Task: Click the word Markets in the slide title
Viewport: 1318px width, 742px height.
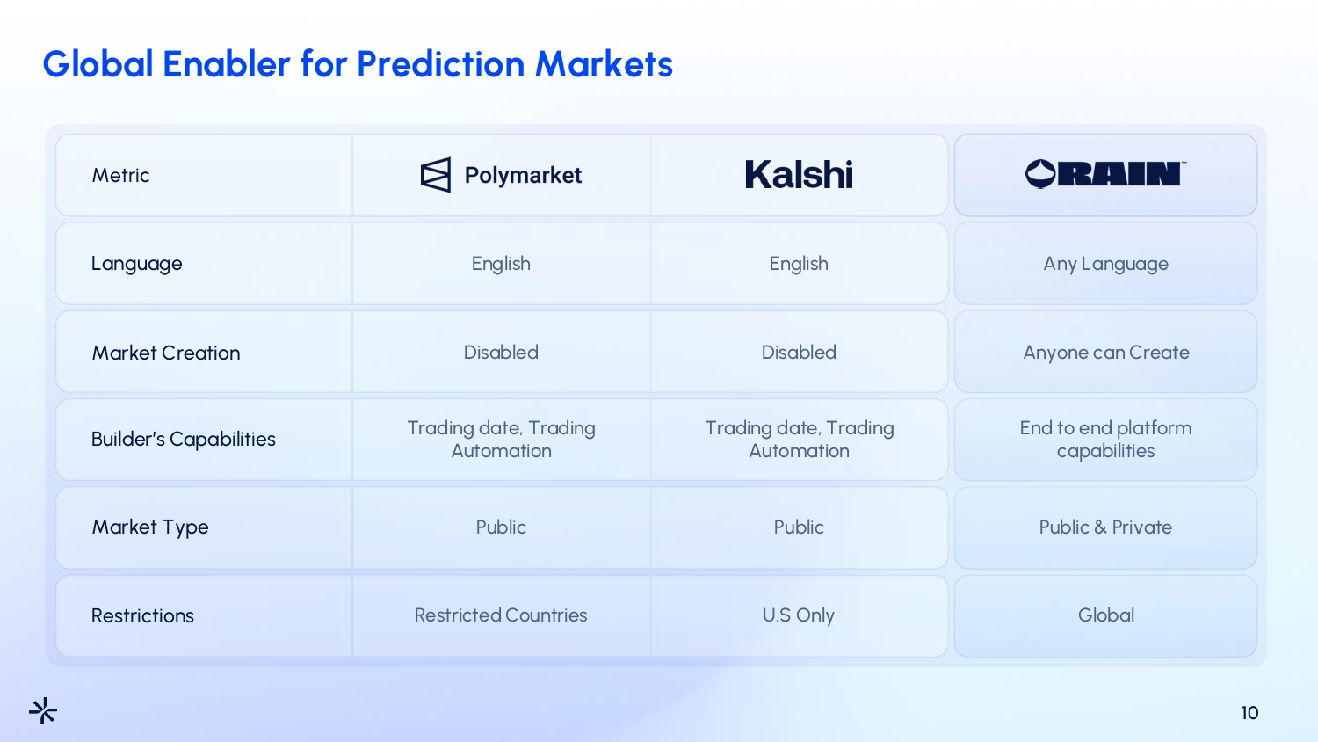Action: coord(604,63)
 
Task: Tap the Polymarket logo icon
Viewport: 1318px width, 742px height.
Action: coord(436,175)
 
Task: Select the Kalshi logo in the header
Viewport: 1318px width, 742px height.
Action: coord(799,174)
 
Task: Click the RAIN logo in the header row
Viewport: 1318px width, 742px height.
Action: coord(1105,174)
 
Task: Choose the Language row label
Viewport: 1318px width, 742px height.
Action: coord(136,263)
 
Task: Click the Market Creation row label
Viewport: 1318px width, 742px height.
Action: coord(166,353)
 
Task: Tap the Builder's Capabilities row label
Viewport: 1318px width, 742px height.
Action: coord(183,439)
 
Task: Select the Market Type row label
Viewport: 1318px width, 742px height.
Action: coord(150,527)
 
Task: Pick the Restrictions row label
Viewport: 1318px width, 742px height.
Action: coord(142,615)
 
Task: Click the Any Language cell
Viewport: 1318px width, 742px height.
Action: coord(1105,263)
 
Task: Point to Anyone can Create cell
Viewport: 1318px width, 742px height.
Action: coord(1105,353)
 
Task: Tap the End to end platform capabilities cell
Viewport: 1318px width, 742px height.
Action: coord(1105,440)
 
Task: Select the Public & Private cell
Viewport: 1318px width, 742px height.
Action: coord(1105,527)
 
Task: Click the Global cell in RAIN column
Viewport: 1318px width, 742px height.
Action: coord(1105,615)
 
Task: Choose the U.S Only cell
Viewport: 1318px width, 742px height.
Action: coord(799,615)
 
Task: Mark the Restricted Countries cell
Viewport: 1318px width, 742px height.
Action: coord(501,615)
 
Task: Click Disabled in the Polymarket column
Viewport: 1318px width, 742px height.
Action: coord(501,353)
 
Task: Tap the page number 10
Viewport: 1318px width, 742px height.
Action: coord(1249,713)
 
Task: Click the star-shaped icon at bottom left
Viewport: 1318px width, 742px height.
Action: coord(43,710)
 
